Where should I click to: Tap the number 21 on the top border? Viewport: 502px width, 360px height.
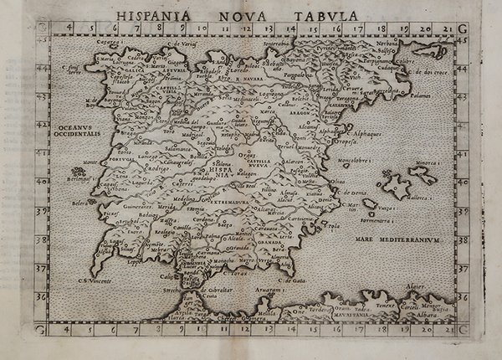[448, 28]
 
